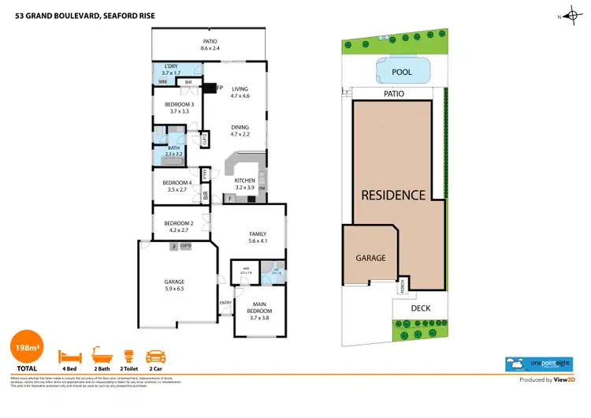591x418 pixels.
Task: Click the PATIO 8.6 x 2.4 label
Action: [209, 45]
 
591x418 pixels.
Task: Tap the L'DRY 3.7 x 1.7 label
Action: [171, 69]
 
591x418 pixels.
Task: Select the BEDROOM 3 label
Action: [179, 108]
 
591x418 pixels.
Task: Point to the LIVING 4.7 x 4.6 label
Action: [240, 92]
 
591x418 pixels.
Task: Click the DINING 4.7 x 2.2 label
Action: [240, 131]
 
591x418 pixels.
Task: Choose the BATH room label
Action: [173, 151]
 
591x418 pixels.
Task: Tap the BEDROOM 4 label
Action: [177, 187]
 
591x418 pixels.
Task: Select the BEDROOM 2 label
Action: [178, 227]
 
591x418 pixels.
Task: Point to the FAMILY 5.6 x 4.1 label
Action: [258, 237]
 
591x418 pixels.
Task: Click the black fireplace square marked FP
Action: [210, 88]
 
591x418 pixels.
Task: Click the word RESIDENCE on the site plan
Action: [393, 195]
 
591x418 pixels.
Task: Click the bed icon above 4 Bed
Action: [69, 356]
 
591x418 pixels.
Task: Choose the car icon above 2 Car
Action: [154, 356]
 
